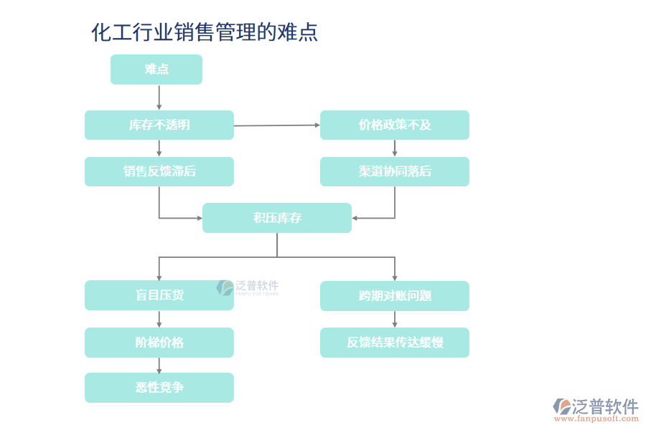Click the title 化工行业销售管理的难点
tap(205, 32)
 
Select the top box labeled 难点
tap(156, 70)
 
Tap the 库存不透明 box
tap(159, 125)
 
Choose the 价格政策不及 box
tap(395, 125)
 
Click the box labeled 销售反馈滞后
tap(159, 171)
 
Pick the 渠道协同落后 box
tap(395, 171)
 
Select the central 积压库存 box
tap(277, 218)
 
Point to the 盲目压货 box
tap(159, 295)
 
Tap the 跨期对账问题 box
tap(395, 295)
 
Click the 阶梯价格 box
tap(159, 343)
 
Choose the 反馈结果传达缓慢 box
tap(395, 343)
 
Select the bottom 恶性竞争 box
tap(159, 388)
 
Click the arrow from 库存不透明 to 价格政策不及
tap(277, 125)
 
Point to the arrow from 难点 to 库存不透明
tap(159, 97)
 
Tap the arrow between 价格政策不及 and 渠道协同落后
tap(395, 148)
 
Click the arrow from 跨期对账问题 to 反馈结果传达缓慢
tap(395, 319)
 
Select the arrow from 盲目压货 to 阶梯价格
tap(159, 319)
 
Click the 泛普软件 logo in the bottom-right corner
tap(596, 406)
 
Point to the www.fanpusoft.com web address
tap(599, 421)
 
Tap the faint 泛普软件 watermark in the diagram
tap(248, 287)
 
